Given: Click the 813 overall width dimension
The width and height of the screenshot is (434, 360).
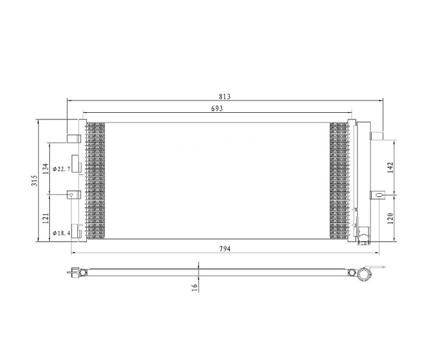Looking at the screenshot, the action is [225, 97].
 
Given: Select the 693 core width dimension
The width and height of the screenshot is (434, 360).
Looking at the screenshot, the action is [217, 109].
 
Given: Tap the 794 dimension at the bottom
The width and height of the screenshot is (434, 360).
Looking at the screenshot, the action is [225, 249].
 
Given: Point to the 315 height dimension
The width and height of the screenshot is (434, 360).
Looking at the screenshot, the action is [34, 181].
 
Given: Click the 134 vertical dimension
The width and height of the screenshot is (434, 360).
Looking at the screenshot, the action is [46, 169].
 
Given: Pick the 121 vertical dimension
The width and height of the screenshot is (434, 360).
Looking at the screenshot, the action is [46, 218].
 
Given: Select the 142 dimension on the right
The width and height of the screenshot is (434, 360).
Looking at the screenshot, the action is [390, 167].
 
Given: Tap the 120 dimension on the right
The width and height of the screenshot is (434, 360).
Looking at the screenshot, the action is [390, 218].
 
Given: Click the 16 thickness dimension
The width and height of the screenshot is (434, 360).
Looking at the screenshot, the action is [195, 287].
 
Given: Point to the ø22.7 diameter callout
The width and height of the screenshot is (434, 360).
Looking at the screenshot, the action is [61, 169].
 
